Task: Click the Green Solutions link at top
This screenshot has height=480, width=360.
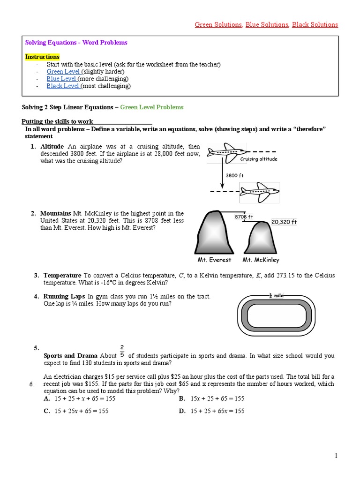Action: (218, 24)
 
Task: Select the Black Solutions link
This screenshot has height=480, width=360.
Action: (315, 24)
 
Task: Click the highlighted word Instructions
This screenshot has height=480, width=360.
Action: (42, 57)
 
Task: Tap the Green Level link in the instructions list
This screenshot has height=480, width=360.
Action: (63, 71)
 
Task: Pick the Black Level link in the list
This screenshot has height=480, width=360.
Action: (63, 86)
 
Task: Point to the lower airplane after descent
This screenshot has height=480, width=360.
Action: (259, 191)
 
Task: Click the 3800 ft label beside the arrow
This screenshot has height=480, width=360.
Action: (235, 175)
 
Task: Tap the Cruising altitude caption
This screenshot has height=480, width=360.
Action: (259, 159)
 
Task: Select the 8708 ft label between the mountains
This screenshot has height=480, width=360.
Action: (244, 217)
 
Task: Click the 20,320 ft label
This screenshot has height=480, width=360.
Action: (284, 222)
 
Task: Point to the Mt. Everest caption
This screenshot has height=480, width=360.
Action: (214, 260)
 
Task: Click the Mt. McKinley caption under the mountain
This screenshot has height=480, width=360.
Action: (261, 260)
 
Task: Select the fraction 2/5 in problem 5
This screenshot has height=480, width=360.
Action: (122, 351)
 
